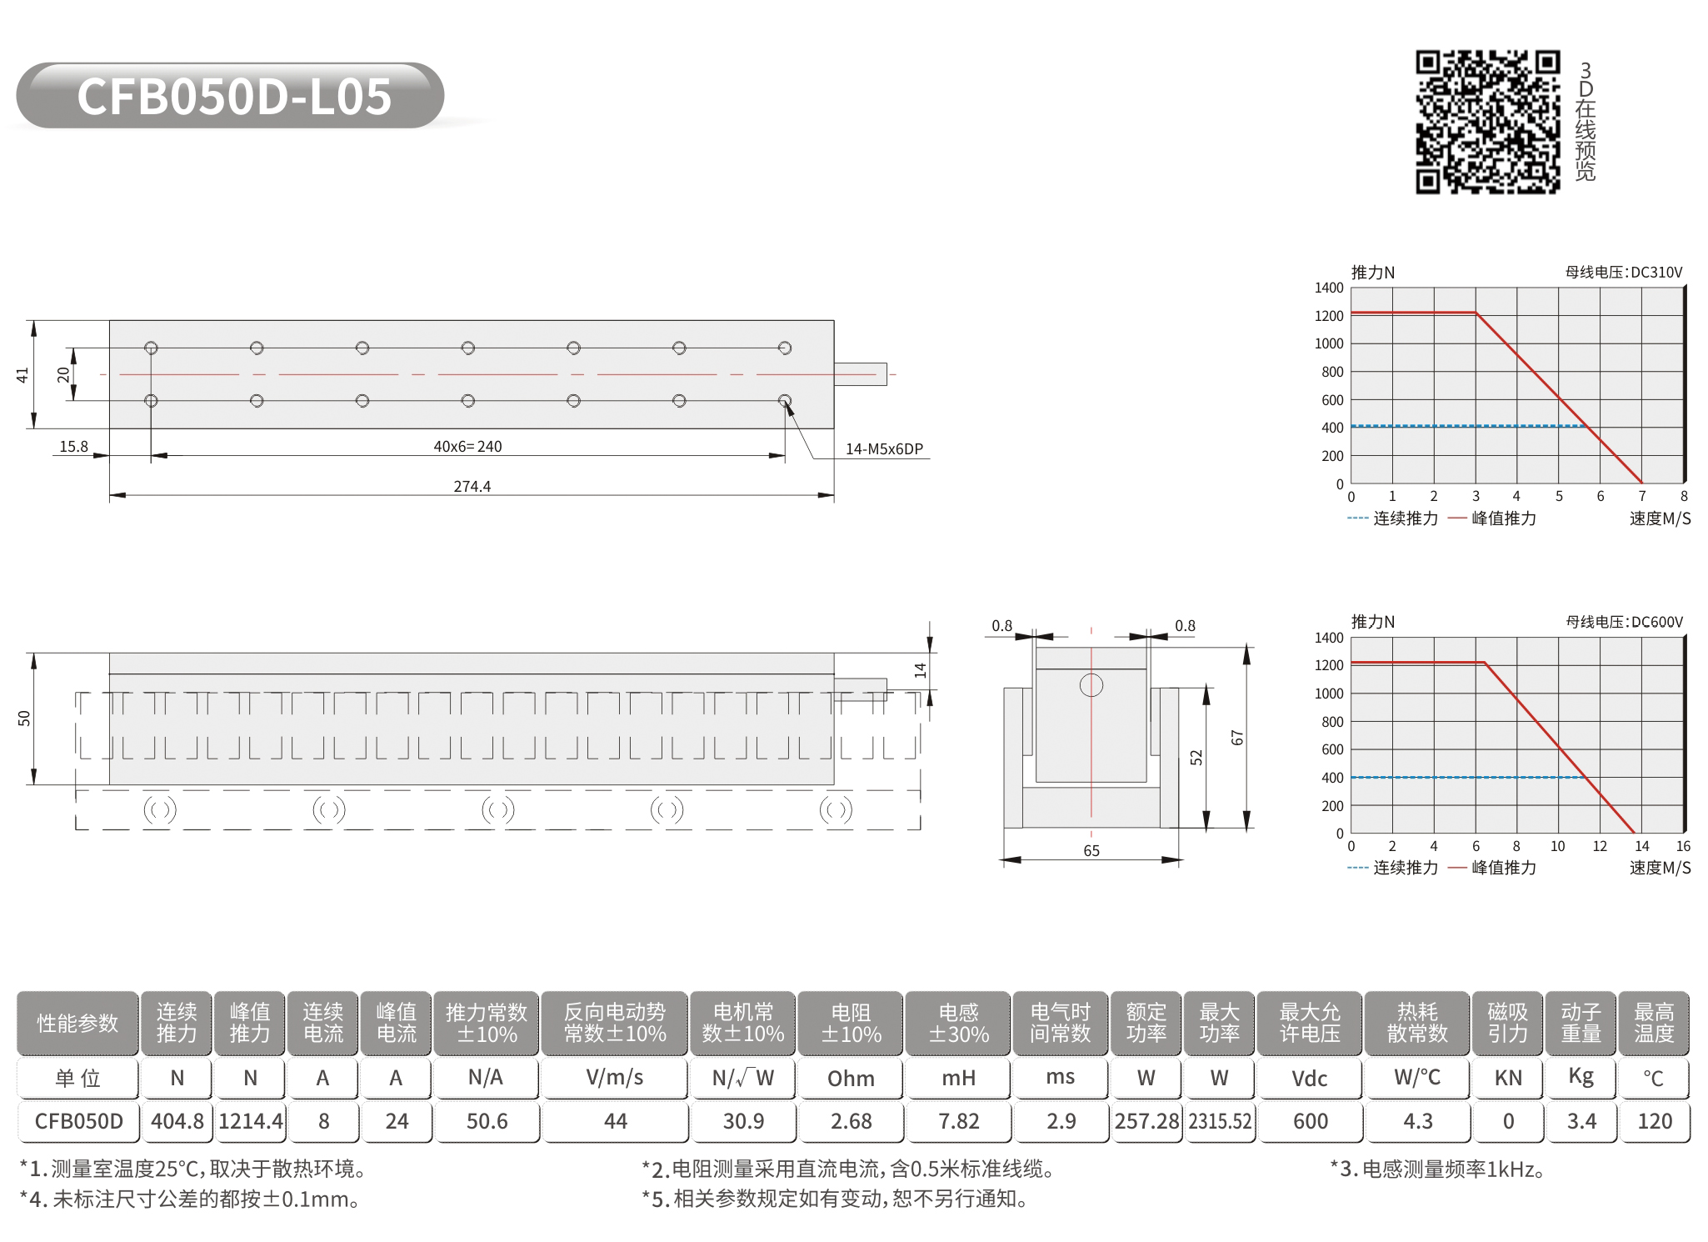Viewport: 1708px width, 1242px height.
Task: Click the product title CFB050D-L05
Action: pos(234,96)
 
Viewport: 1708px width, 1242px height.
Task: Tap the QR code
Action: pos(1487,122)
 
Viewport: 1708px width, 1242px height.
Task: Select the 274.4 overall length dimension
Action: pos(472,486)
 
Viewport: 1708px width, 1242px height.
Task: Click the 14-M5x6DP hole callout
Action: pos(884,448)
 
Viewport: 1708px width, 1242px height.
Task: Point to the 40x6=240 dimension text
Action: pos(467,447)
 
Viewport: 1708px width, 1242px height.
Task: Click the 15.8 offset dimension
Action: pos(73,447)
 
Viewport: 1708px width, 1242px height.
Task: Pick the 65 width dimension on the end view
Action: pos(1091,850)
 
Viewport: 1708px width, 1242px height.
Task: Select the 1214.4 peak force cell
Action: pos(251,1121)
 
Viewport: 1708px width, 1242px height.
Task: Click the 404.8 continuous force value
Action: pos(177,1121)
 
